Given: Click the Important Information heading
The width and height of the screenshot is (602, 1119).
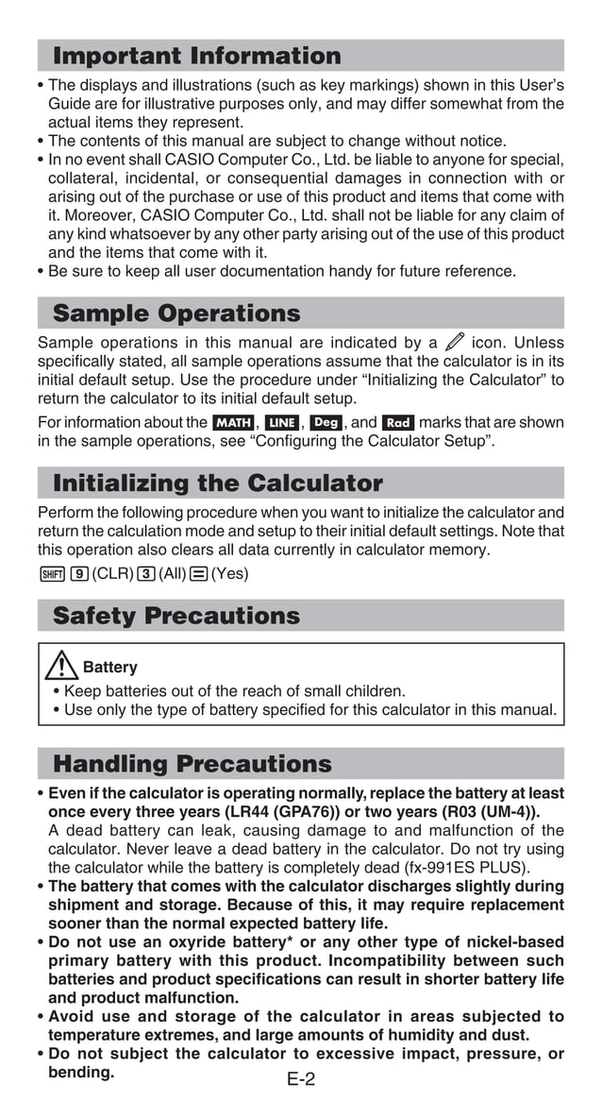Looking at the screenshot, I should point(196,56).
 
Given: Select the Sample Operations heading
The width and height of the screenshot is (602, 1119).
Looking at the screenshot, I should point(176,314).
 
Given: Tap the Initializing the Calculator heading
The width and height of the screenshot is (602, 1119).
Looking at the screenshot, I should point(218,483).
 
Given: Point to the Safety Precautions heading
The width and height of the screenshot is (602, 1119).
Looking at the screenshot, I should point(176,616).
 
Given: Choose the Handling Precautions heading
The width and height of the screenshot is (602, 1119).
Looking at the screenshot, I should point(192,763).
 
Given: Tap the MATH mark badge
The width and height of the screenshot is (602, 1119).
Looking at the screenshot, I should point(232,423).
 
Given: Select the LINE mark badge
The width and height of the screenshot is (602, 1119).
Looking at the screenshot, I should point(281,423).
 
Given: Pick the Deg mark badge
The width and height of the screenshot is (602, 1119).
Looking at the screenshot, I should point(326,423).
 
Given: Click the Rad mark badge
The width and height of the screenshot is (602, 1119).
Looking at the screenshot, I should point(398,423).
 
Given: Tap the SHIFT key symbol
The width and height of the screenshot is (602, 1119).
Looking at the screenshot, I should point(50,573).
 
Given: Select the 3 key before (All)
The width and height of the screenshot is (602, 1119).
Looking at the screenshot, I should point(145,573).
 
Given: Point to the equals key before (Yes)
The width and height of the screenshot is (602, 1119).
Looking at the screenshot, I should point(199,573).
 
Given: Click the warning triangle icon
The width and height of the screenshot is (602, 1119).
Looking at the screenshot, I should point(61,667).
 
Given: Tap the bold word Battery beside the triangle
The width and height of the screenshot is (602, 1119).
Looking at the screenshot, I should point(109,668).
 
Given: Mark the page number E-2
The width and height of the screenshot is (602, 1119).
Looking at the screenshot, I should point(301,1079).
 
